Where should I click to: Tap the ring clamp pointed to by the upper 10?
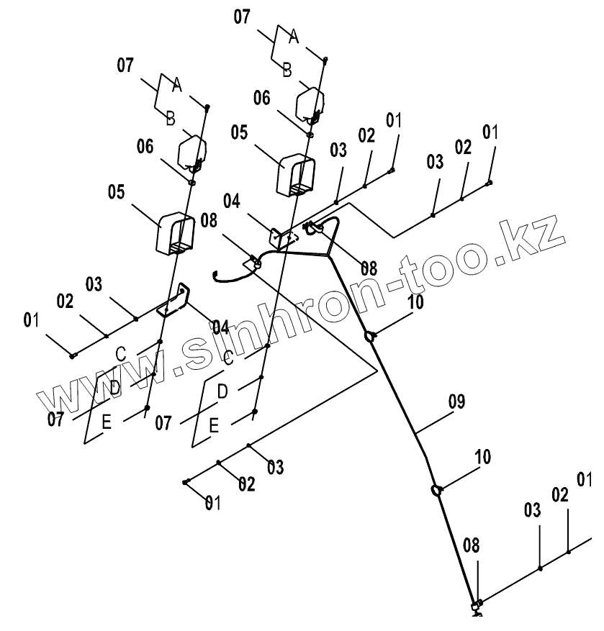coord(371,335)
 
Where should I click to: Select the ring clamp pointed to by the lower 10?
coord(436,491)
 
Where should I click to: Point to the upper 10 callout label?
coord(415,302)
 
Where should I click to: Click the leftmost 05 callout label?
coord(117,192)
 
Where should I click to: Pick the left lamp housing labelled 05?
coord(175,232)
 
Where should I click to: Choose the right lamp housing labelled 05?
coord(297,173)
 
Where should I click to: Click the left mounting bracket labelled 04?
coord(178,298)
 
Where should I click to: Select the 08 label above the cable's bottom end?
coord(470,545)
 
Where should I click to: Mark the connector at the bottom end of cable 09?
coord(476,605)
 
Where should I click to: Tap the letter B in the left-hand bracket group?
coord(171,119)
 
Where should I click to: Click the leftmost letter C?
coord(121,353)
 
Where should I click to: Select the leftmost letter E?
coord(106,423)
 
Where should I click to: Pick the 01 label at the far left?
coord(31,319)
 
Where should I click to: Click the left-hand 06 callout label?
coord(145,147)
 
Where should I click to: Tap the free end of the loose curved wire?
coord(215,274)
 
